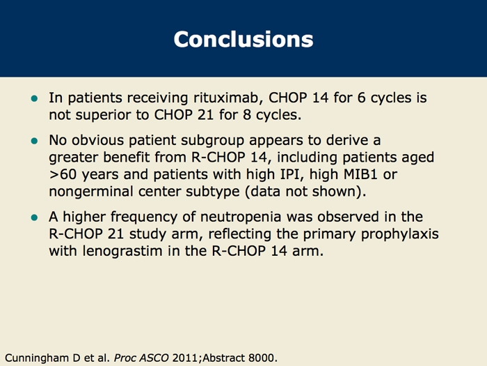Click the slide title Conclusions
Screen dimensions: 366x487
[243, 38]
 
